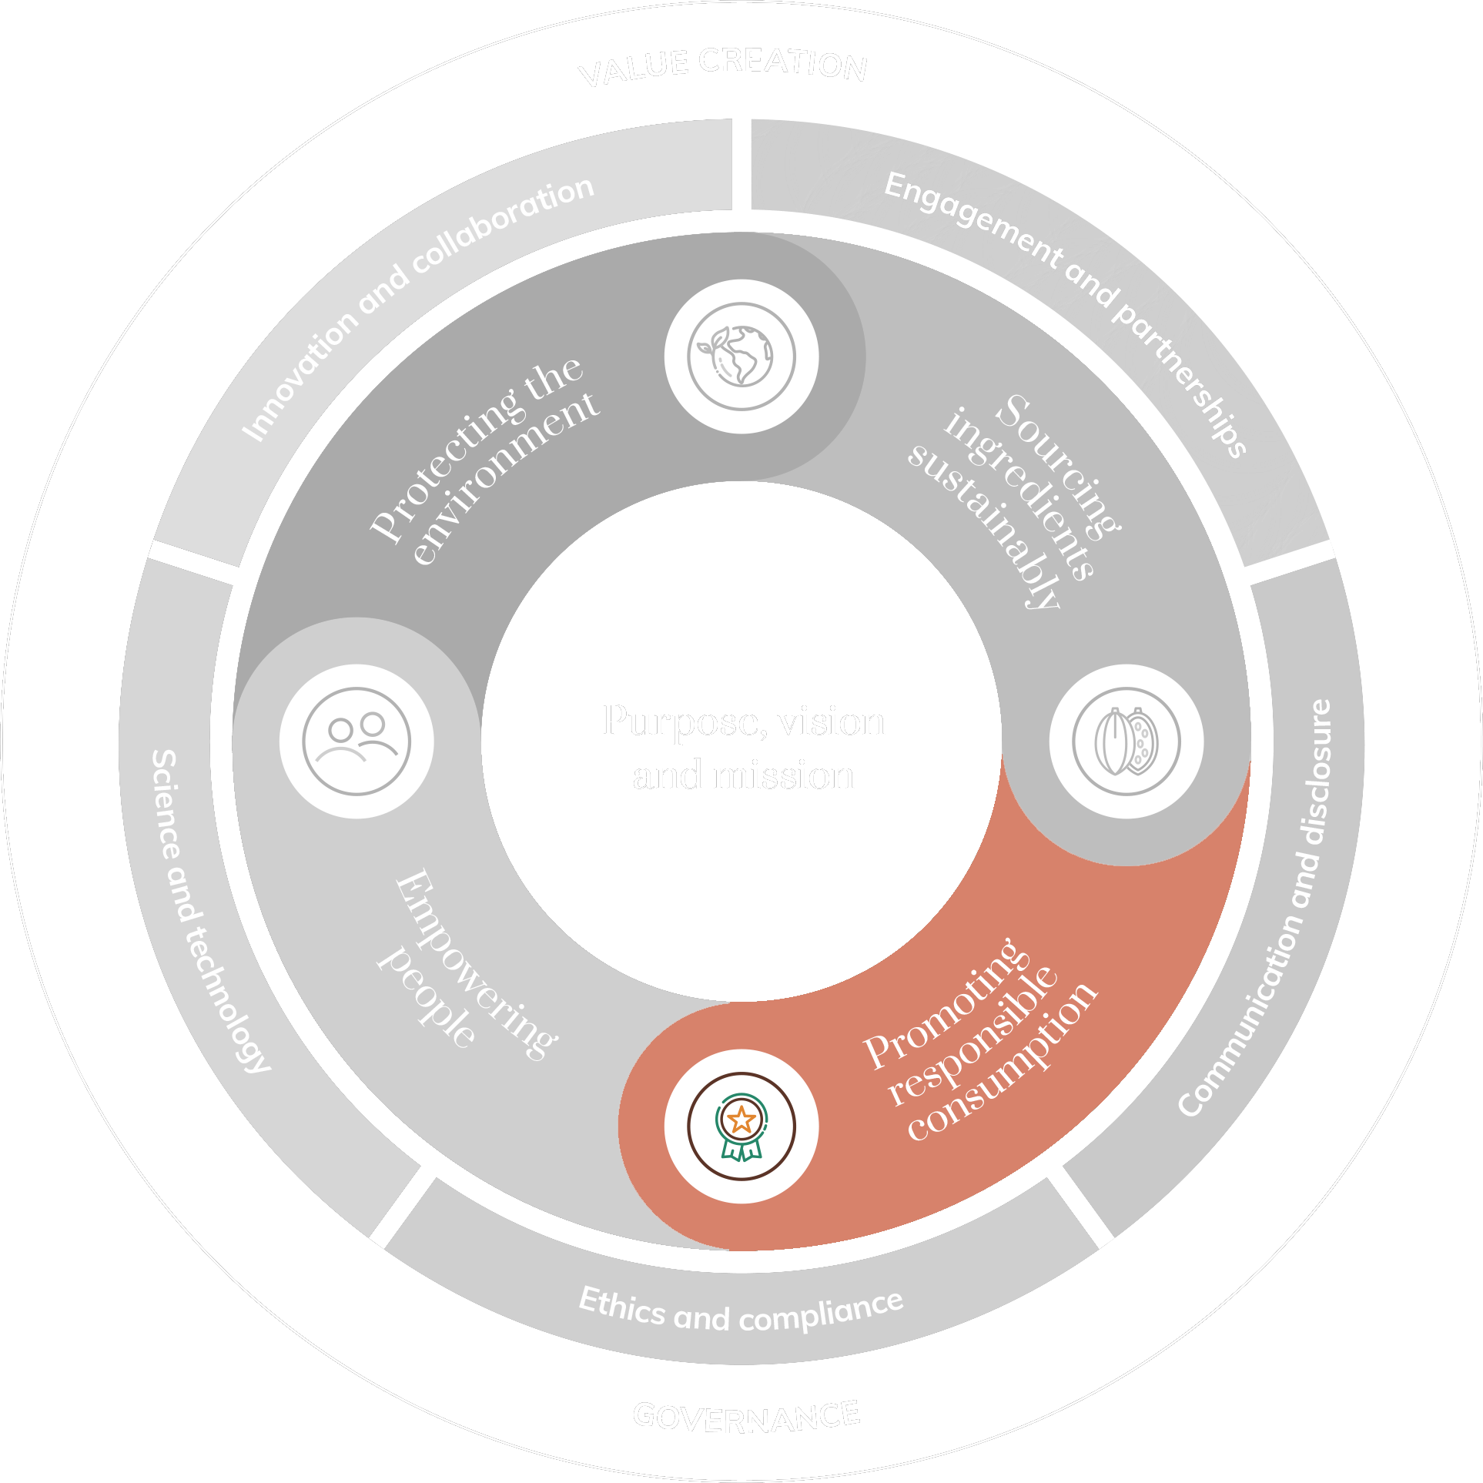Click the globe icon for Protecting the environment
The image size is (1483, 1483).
741,357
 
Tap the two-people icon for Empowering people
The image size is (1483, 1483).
357,741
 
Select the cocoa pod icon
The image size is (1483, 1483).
1126,741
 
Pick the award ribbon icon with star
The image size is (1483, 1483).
741,1126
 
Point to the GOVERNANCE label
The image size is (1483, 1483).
745,1418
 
